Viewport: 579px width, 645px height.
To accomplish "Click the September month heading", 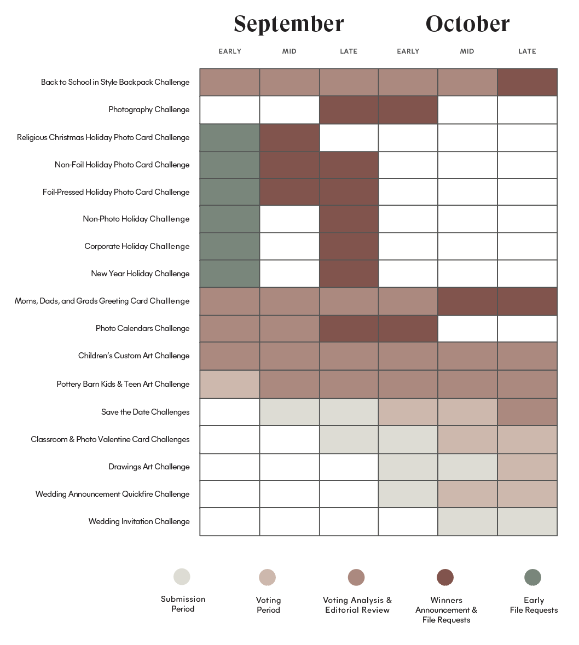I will pos(288,24).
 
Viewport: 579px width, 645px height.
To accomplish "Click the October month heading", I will pos(467,24).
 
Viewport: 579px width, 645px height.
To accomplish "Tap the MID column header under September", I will pos(289,51).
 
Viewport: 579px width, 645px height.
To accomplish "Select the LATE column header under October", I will pos(527,51).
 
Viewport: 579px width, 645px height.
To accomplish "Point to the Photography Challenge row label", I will pos(149,109).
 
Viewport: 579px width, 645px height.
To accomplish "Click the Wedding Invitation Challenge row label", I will pos(139,521).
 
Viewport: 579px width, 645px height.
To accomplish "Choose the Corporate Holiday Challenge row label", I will pos(137,246).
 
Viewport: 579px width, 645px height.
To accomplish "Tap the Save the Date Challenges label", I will pos(145,412).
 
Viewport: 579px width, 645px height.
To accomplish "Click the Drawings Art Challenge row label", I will pos(149,467).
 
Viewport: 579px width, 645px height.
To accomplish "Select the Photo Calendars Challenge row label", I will pos(142,328).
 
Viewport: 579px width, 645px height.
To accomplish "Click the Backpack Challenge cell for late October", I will pos(527,82).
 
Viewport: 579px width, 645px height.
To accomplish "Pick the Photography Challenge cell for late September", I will pos(349,109).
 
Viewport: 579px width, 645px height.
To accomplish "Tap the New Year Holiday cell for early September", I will pos(229,274).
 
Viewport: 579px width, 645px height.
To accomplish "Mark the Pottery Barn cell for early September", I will pos(229,384).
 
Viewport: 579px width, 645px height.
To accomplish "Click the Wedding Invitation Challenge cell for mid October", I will pos(467,521).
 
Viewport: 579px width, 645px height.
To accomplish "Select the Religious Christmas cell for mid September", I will pos(289,137).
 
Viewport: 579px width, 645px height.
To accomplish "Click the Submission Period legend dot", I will pos(182,577).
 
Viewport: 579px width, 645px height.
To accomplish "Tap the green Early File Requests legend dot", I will pos(532,577).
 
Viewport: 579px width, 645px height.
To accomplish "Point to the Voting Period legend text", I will pos(268,605).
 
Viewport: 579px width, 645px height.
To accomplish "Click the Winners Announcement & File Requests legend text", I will pos(446,610).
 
